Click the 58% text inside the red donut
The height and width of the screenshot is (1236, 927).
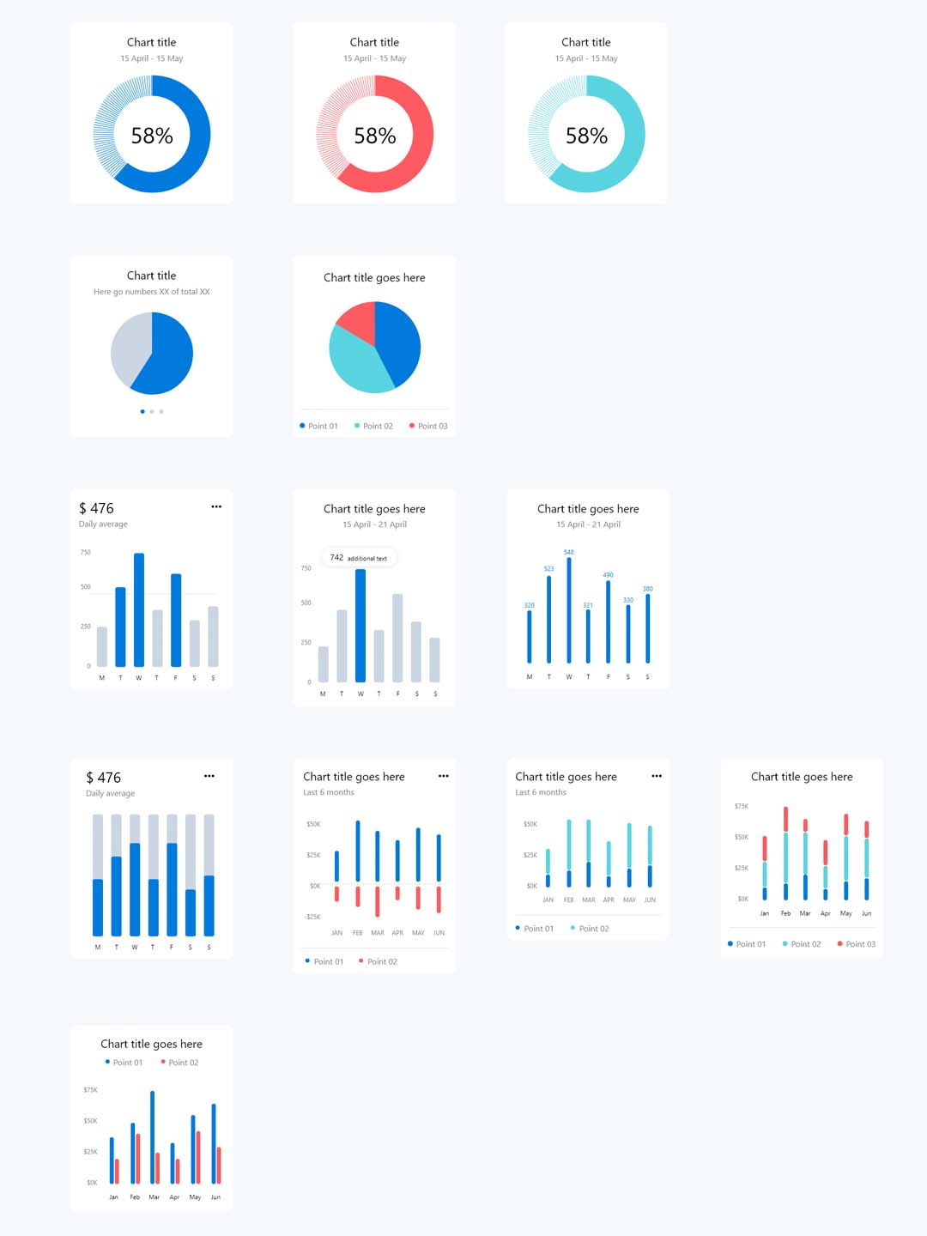375,136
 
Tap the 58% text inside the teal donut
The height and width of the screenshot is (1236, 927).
586,136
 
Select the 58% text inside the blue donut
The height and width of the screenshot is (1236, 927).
152,136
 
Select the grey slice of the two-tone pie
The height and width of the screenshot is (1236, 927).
130,348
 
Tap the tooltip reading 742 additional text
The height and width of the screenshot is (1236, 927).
359,558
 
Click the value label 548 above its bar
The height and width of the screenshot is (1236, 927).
568,552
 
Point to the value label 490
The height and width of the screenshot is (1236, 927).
608,575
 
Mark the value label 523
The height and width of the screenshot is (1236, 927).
548,568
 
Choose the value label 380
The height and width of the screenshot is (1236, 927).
648,589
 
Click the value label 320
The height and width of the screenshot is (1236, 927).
529,605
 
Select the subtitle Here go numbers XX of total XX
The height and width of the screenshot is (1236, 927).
152,292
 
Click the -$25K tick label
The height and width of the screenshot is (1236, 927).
312,917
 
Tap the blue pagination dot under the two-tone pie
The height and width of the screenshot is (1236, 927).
142,412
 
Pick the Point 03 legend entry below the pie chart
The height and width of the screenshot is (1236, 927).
428,426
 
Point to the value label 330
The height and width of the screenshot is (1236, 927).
628,600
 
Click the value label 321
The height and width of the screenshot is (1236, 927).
588,605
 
